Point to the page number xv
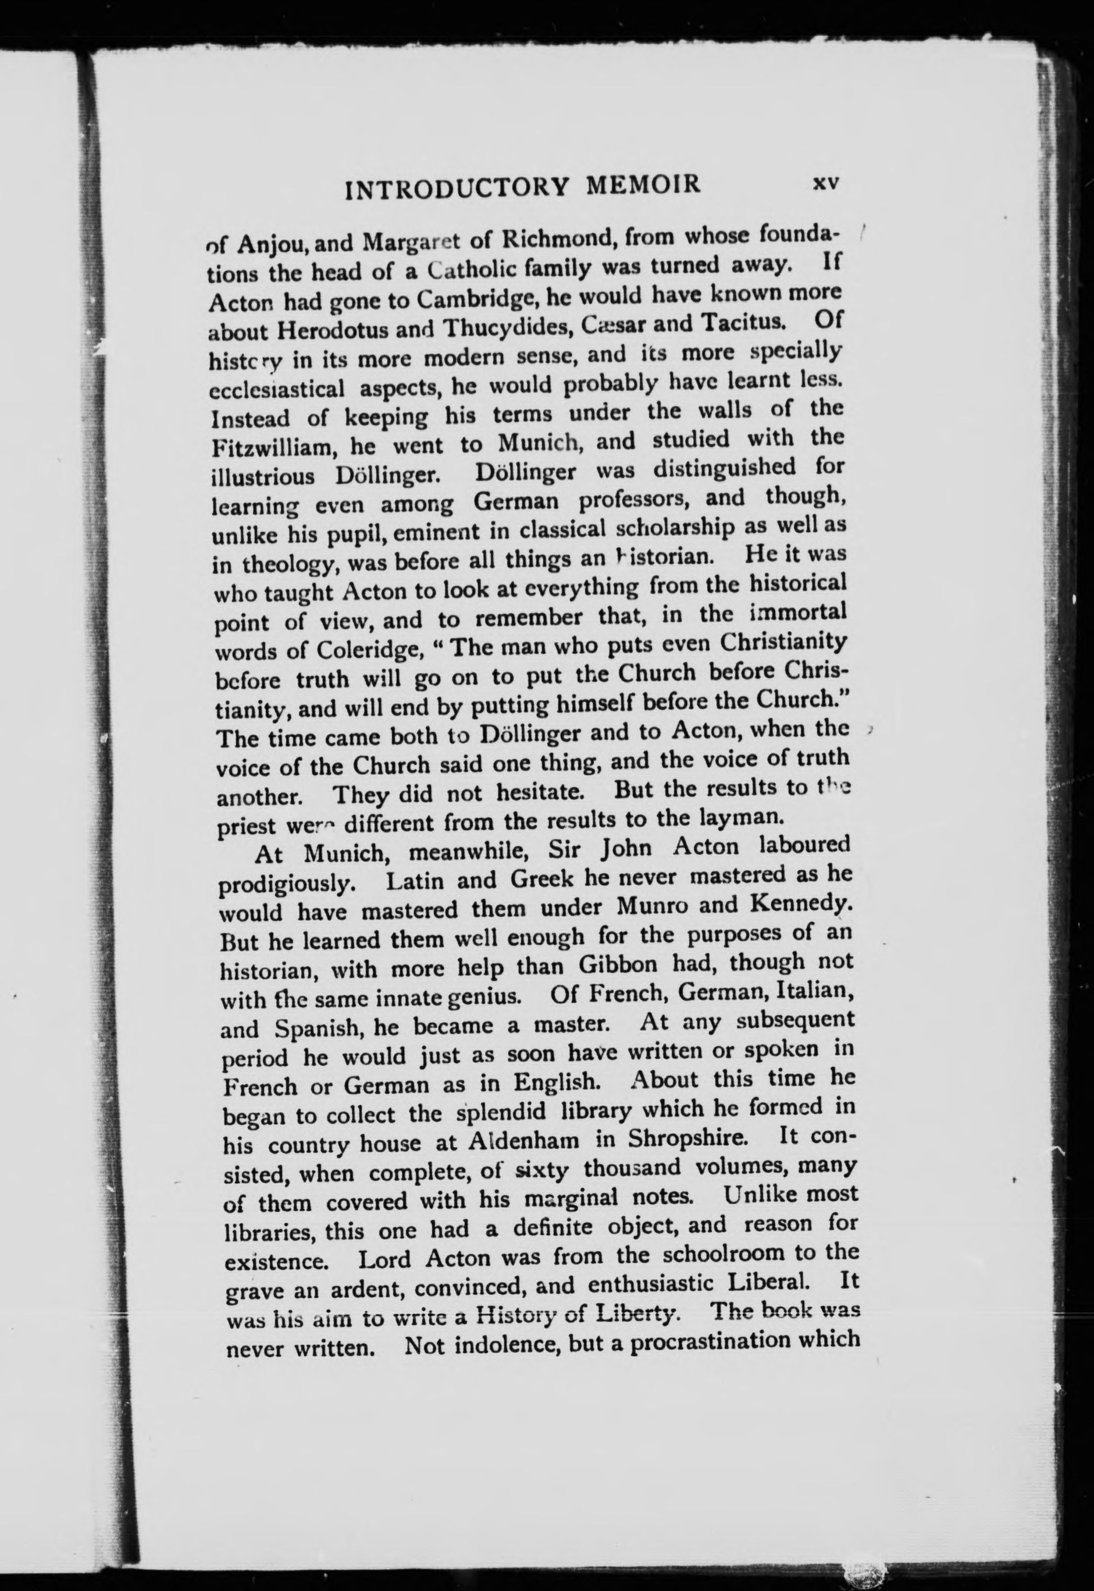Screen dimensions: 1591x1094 tap(825, 183)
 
